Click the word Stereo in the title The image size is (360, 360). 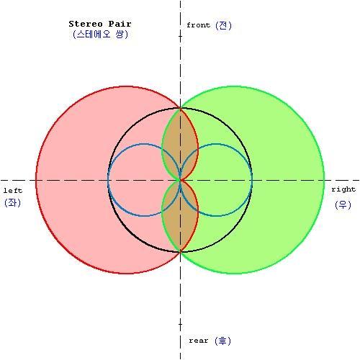pos(86,24)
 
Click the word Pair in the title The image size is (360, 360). pos(120,24)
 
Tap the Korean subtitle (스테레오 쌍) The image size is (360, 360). pos(100,35)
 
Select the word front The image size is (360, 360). pos(198,25)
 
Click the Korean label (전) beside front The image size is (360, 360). pos(223,25)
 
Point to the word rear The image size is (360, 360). pos(198,341)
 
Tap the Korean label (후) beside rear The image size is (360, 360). pos(222,341)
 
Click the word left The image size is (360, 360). pos(13,191)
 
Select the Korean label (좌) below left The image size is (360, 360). pos(12,203)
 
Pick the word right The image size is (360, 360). pos(343,189)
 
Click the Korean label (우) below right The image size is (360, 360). pos(343,204)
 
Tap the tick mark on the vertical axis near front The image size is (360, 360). pos(180,36)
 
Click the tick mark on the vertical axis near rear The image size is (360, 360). pos(180,324)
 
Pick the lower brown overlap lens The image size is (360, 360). pos(180,216)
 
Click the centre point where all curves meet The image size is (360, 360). pos(180,180)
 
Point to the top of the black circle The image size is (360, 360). pos(180,108)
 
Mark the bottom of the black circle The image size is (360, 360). pos(180,252)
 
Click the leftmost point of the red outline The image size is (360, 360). pos(36,180)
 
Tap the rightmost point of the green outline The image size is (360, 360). pos(324,180)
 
